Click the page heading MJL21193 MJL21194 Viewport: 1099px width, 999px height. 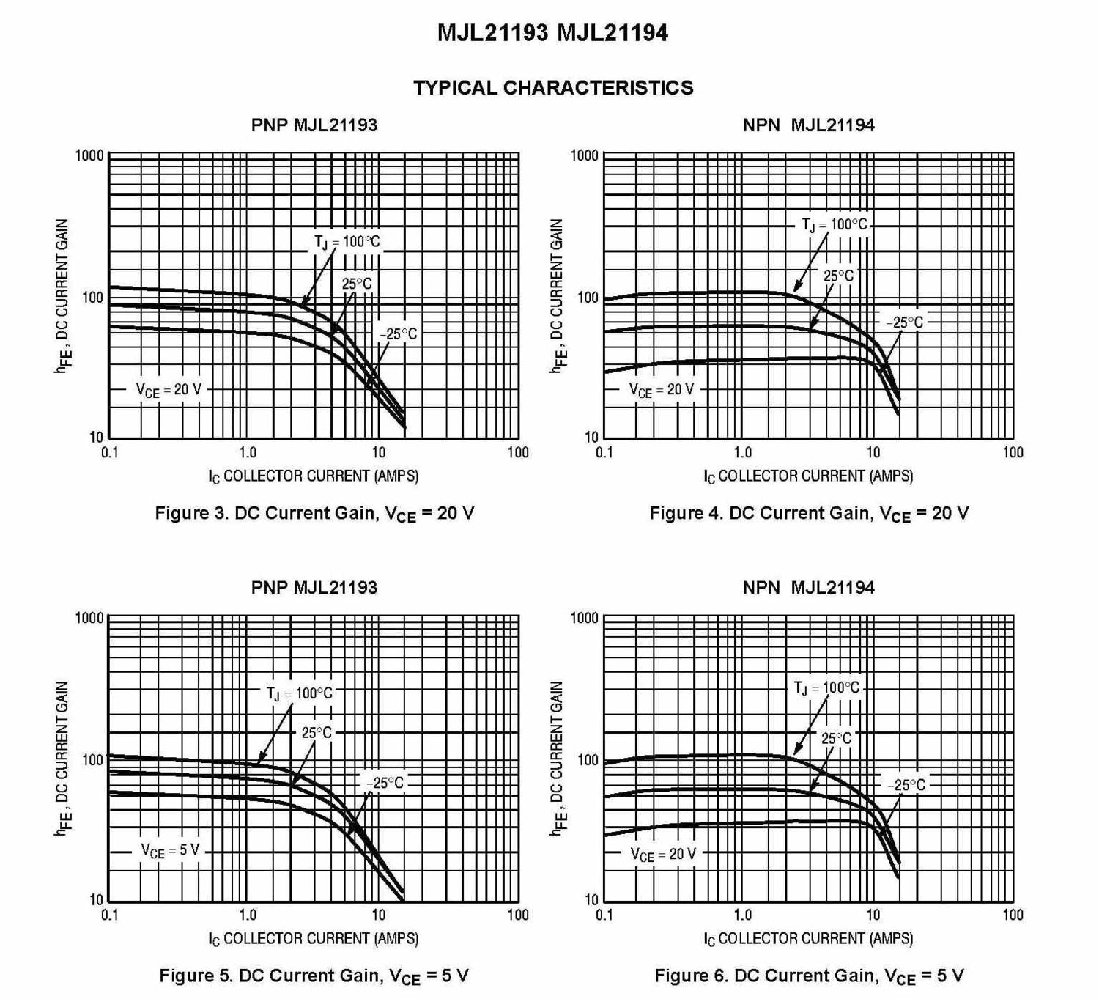552,33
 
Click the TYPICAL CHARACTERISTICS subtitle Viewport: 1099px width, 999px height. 553,88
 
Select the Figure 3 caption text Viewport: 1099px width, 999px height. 314,513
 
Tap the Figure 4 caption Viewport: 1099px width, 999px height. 809,513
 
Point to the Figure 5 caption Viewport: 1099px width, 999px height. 314,976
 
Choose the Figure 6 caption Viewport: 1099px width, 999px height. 809,976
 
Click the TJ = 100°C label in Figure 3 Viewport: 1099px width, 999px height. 347,242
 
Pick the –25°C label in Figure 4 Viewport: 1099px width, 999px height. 905,322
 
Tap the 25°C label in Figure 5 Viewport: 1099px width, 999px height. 317,732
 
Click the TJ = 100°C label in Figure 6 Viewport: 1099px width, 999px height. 826,688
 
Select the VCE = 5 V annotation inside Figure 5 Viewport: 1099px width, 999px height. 170,850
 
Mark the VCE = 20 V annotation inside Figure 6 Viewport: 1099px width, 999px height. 663,854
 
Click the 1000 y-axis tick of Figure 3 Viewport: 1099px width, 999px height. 90,155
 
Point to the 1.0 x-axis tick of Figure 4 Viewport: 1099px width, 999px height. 742,452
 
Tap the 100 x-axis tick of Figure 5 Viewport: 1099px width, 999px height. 517,915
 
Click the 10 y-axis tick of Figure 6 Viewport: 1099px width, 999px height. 591,899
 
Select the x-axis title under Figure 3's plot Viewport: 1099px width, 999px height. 314,476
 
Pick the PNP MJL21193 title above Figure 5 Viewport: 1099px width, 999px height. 314,587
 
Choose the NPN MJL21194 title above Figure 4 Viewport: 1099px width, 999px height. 808,125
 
